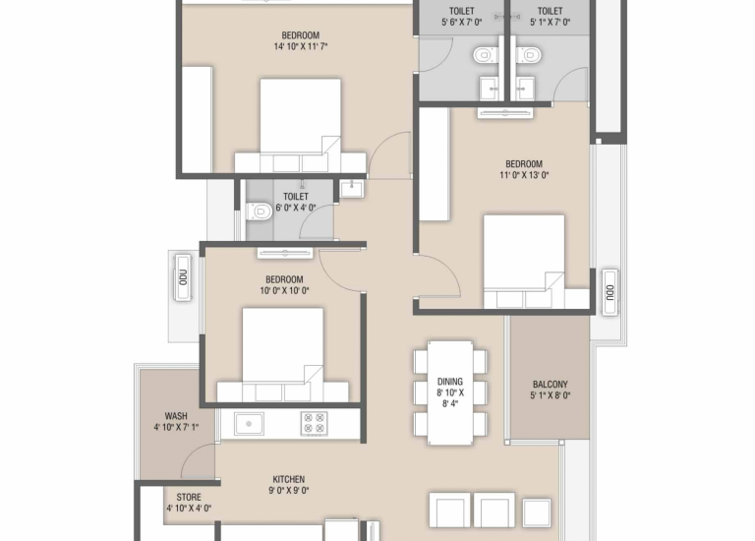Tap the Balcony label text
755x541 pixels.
(x=550, y=385)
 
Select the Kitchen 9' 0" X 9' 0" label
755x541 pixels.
(x=289, y=485)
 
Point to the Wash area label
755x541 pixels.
(x=176, y=416)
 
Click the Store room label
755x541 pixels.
(x=189, y=497)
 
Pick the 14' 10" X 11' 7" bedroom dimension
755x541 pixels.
(x=301, y=47)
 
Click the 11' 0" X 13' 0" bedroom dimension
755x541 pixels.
(x=524, y=175)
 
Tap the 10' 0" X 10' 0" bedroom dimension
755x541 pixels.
(x=284, y=291)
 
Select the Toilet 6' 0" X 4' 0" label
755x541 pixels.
(x=296, y=203)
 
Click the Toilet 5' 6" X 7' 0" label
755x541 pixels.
(x=462, y=17)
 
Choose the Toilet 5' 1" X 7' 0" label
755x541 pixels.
(x=550, y=17)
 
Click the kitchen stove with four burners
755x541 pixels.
(x=314, y=423)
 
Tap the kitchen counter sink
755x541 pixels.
(x=249, y=424)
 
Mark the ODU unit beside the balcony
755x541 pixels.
(x=610, y=292)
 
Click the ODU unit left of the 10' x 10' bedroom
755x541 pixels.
(x=183, y=277)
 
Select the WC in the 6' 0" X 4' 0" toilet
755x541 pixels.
(x=259, y=211)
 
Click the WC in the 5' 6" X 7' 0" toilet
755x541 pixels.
(x=483, y=55)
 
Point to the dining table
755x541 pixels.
(x=450, y=392)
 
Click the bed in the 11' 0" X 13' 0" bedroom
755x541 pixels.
(x=524, y=262)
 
